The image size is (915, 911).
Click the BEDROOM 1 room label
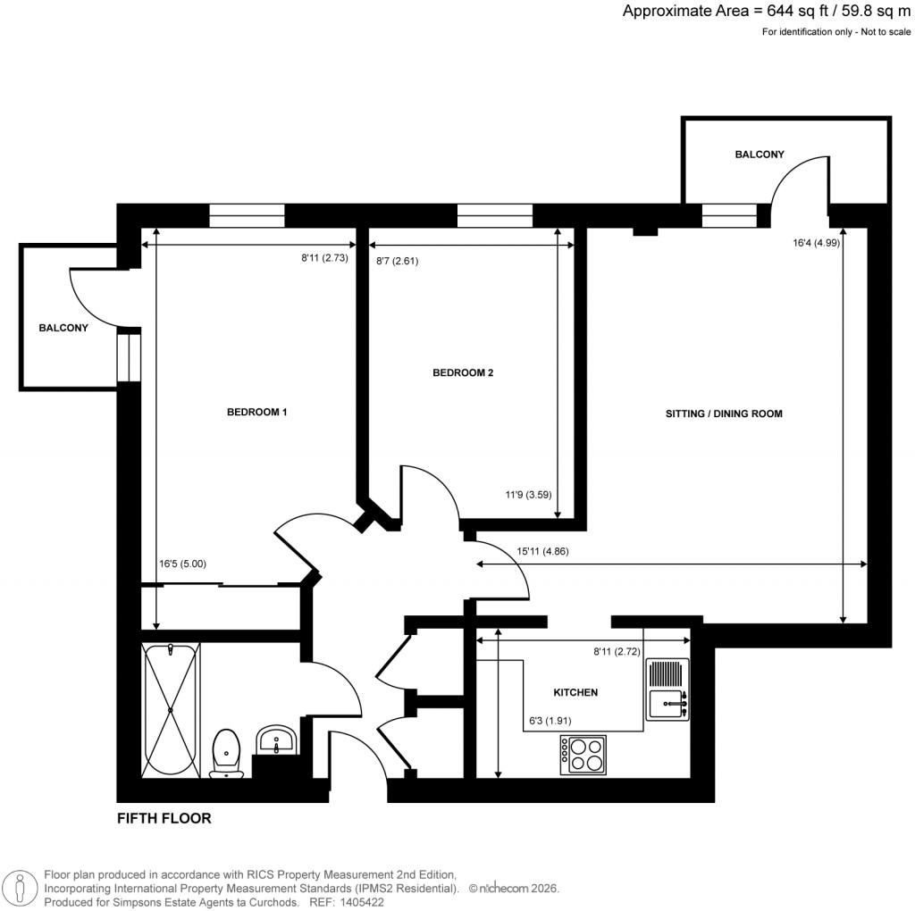click(x=256, y=412)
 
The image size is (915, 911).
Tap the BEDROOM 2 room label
click(x=463, y=373)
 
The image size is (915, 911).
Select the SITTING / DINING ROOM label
click(x=724, y=414)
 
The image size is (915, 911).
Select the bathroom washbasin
click(x=275, y=741)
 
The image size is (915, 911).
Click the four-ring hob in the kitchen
click(x=583, y=755)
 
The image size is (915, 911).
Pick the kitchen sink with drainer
click(x=667, y=689)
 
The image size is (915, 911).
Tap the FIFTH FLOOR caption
click(x=164, y=817)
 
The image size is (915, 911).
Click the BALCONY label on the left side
click(x=63, y=328)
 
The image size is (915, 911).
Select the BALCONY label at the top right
click(x=760, y=155)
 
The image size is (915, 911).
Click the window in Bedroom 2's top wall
click(x=494, y=215)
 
